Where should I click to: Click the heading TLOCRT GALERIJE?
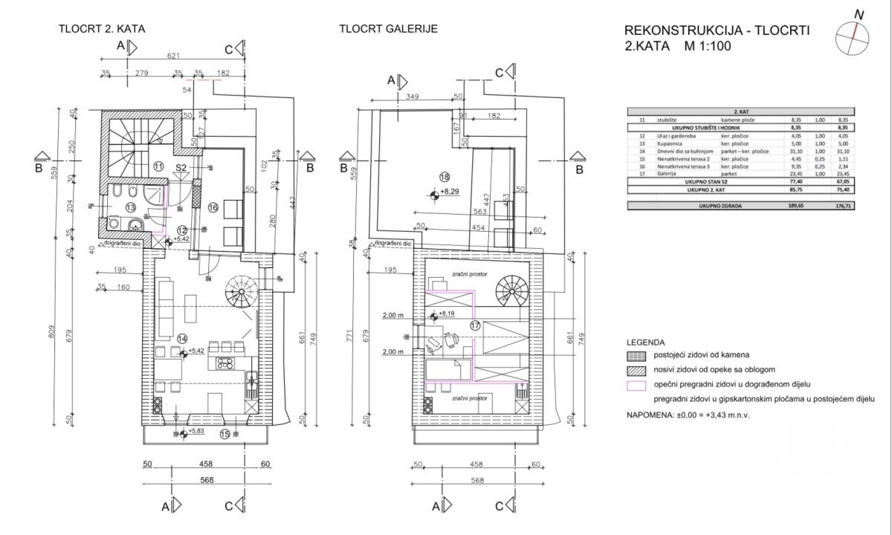(387, 29)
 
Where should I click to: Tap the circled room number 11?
(158, 166)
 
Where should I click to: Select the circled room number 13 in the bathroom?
(130, 208)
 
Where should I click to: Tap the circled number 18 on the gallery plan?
(445, 177)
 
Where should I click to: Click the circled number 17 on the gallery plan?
(476, 325)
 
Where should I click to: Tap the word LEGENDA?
(645, 343)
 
